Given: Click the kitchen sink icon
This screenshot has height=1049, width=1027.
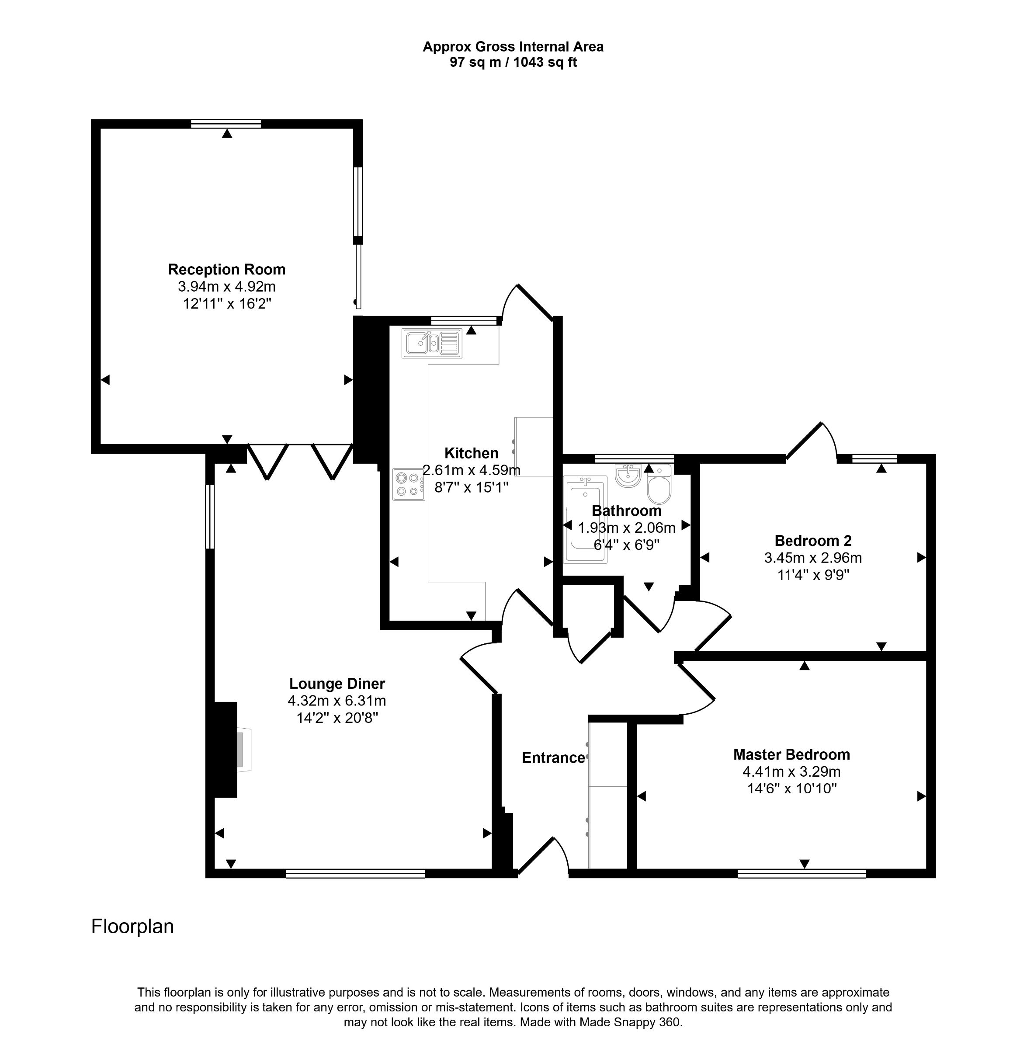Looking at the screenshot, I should (431, 343).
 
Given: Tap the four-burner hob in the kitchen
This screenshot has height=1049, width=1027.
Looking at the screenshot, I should (408, 484).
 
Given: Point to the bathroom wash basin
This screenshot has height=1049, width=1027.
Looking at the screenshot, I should (627, 476).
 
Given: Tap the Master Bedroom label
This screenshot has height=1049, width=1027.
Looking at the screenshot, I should (791, 754).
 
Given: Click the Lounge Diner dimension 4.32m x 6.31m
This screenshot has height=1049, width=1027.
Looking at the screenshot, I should (337, 701).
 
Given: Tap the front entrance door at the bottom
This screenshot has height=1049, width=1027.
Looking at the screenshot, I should (542, 858).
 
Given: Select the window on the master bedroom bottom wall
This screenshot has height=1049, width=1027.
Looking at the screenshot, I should (801, 874).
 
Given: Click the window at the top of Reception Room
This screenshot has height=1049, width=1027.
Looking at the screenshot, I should (226, 124).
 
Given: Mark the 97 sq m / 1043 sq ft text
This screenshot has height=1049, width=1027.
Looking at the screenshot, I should (513, 63).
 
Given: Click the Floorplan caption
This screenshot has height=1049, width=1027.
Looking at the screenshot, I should (132, 927).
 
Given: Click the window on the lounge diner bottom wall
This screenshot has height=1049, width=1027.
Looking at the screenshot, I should (355, 874).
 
